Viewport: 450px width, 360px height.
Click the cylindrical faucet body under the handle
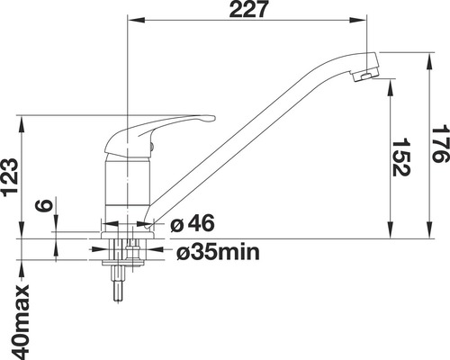(126, 184)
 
